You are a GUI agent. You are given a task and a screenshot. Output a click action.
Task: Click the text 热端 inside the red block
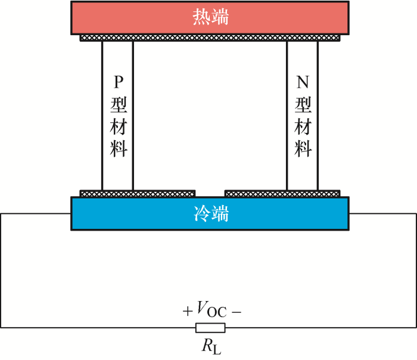tap(210, 18)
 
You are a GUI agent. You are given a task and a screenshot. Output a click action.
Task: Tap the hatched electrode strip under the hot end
tap(210, 38)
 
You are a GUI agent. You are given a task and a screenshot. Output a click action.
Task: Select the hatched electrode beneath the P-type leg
tap(138, 194)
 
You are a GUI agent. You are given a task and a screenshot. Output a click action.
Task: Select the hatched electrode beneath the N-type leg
tap(282, 194)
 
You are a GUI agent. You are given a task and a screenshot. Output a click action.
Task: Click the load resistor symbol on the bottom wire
tap(210, 327)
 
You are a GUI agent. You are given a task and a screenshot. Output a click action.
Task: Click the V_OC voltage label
tap(211, 311)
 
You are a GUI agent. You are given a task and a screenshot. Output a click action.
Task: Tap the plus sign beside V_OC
tap(188, 311)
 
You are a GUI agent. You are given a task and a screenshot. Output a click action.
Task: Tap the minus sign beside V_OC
tap(236, 311)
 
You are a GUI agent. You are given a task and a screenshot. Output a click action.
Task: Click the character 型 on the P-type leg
tap(118, 104)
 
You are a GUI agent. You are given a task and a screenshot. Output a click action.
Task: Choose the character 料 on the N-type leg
tap(303, 147)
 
